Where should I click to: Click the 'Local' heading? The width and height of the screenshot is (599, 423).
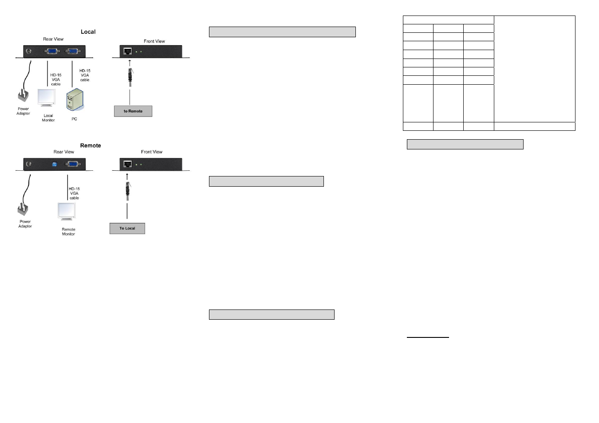pos(88,32)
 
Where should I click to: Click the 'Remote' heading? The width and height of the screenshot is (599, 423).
pos(91,145)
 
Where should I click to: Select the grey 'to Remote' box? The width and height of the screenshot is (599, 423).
pos(133,111)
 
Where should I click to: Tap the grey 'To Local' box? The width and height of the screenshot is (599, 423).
pos(127,228)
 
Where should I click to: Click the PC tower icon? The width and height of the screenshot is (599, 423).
pos(75,100)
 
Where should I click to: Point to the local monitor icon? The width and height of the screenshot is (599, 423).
pos(47,98)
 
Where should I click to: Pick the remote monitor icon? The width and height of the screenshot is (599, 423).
pos(67,211)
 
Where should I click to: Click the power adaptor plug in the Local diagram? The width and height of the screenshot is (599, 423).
pos(23,96)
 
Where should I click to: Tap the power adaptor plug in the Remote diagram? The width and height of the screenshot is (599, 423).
pos(23,209)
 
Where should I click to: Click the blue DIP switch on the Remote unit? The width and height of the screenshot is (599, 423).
pos(54,164)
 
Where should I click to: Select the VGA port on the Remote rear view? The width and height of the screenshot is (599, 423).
pos(73,164)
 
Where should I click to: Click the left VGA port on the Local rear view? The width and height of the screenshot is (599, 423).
pos(52,51)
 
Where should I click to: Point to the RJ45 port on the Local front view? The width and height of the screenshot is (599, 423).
pos(128,51)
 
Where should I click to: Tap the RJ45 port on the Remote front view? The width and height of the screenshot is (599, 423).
pos(127,164)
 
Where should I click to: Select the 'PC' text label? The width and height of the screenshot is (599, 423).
pos(74,119)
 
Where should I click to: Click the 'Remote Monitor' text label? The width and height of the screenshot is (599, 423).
pos(68,231)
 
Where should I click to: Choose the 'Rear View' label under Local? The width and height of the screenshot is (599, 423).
pos(53,39)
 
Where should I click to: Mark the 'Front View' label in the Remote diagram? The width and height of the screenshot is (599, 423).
pos(152,152)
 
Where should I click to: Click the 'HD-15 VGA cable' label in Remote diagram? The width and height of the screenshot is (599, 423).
pos(74,193)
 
